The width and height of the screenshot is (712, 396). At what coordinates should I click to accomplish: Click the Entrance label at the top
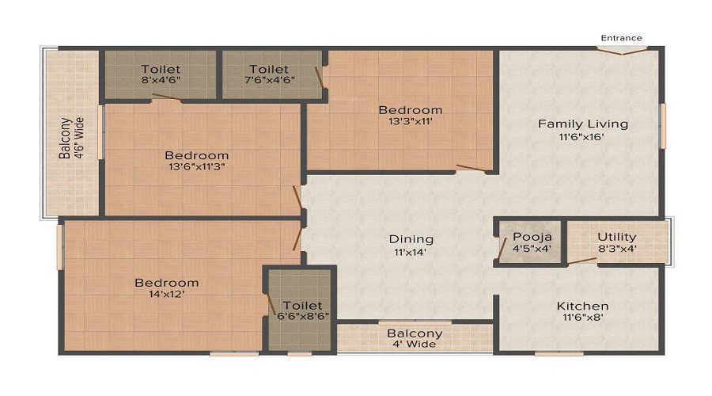coord(621,38)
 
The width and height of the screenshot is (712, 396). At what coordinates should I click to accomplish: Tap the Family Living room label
coord(583,124)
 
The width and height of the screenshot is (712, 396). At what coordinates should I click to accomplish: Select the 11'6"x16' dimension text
coord(583,136)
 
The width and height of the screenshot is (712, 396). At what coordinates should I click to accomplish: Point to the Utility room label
coord(617,237)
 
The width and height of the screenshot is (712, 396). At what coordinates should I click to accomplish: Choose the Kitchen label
coord(582,306)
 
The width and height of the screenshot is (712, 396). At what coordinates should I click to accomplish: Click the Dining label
coord(411,238)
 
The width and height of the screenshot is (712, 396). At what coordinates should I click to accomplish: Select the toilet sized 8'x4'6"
coord(161,75)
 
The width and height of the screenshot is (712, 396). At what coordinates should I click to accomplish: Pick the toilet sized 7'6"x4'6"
coord(269,75)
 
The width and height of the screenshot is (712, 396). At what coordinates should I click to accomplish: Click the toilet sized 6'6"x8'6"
coord(301,310)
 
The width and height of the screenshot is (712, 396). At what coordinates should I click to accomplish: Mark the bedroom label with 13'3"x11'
coord(410,110)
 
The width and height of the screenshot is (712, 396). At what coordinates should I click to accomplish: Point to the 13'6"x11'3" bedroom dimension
coord(196,168)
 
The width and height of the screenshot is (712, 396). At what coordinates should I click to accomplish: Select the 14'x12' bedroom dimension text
coord(166,295)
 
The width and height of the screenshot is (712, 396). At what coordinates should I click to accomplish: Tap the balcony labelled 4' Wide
coord(415,338)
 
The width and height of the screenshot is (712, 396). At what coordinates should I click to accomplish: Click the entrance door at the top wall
coord(621,51)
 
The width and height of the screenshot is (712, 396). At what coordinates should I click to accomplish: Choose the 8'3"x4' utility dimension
coord(617,249)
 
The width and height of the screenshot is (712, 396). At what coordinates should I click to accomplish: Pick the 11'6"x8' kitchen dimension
coord(582,318)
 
